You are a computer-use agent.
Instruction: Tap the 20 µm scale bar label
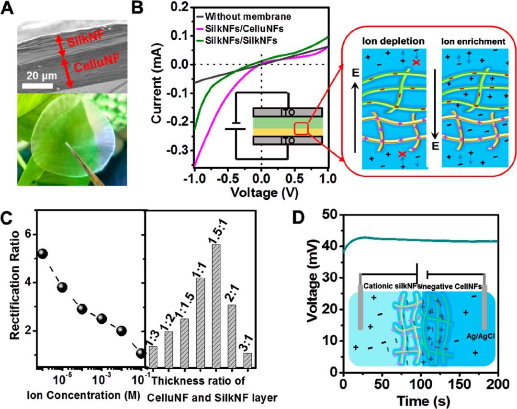37,77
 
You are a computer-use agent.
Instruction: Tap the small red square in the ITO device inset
301,128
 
